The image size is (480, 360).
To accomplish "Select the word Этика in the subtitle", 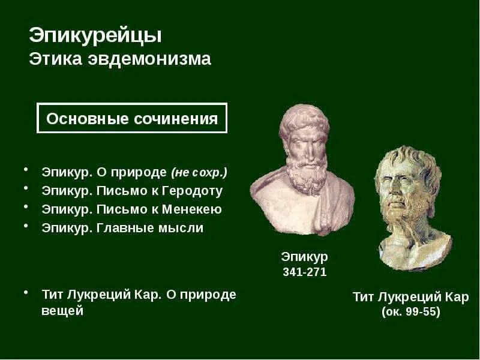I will pos(50,60).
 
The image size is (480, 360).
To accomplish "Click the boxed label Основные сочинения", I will pos(132,119).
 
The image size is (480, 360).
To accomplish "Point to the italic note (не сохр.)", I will pos(199,173).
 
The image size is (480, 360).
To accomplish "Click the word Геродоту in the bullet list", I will pos(193,191).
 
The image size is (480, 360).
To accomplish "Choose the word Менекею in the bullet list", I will pos(193,209).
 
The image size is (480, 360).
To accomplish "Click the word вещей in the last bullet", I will pos(62,311).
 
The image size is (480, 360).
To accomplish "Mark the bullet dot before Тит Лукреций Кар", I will pos(26,292).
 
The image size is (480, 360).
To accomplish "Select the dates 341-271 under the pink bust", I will pos(304,272).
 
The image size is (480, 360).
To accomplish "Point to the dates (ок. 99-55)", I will pos(410,313).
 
